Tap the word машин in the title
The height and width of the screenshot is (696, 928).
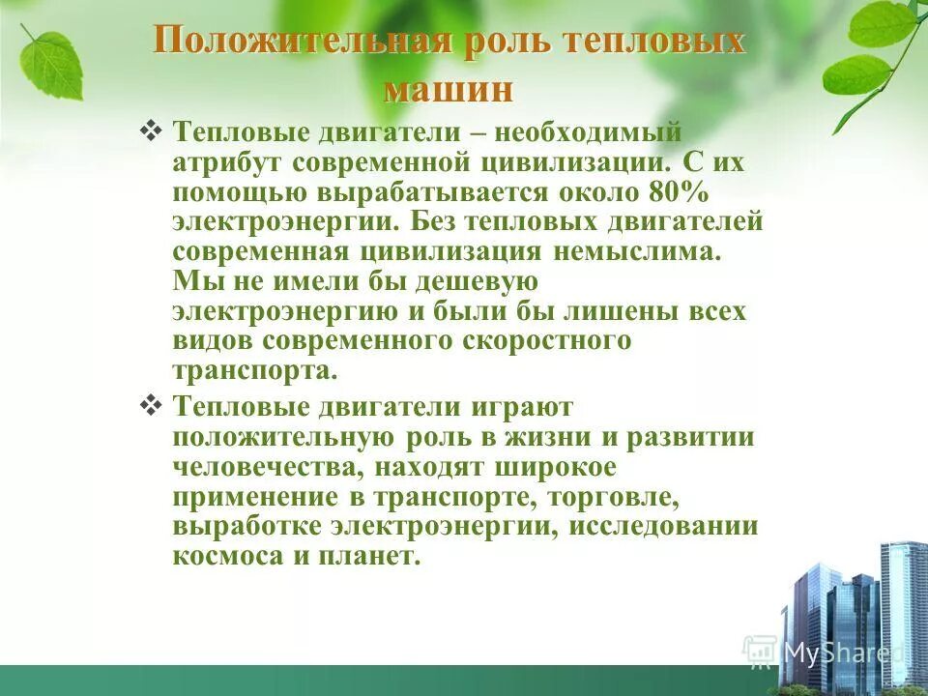[x=449, y=89]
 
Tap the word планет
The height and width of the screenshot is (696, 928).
[x=374, y=558]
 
